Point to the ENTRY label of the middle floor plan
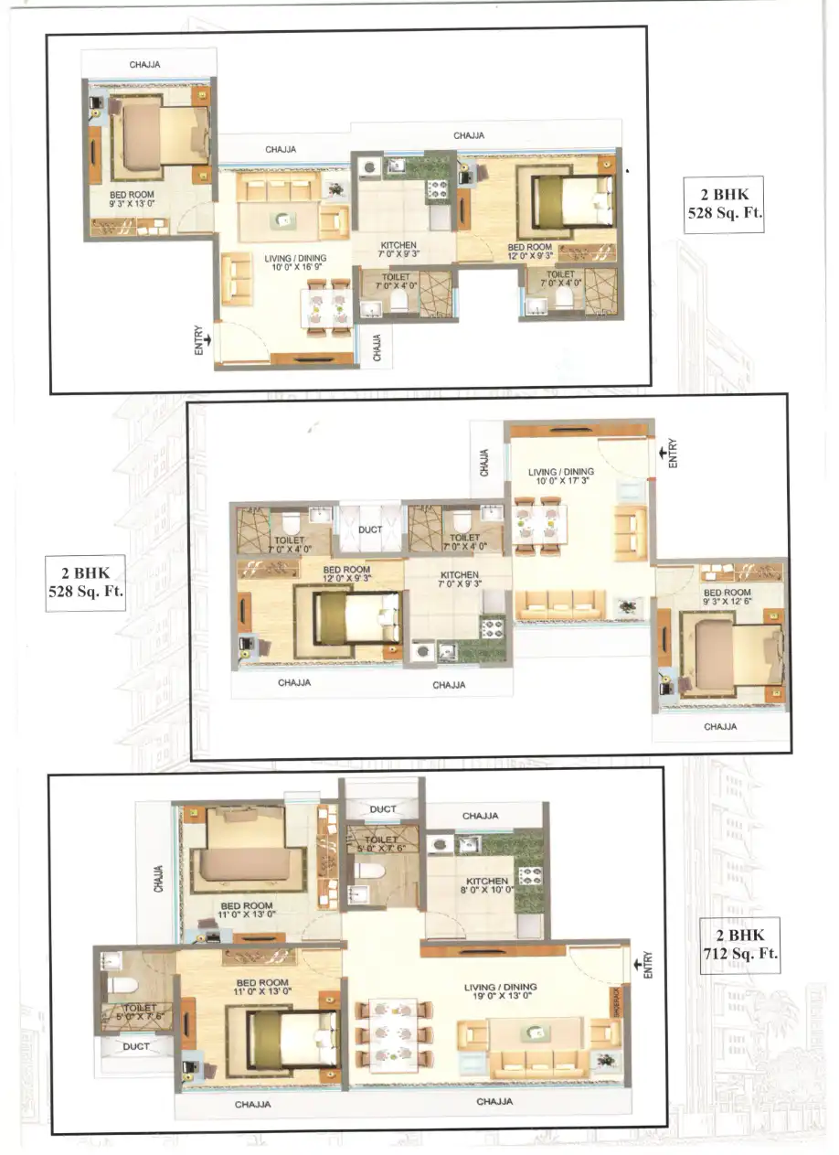click(x=673, y=453)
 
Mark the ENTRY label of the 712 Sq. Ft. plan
click(x=648, y=966)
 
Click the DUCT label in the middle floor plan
click(x=370, y=529)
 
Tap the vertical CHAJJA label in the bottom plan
click(x=158, y=880)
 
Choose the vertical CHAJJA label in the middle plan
click(x=484, y=462)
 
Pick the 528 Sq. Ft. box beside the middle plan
click(x=85, y=582)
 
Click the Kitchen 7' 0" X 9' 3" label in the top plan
click(x=398, y=251)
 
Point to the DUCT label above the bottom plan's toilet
click(x=383, y=809)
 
